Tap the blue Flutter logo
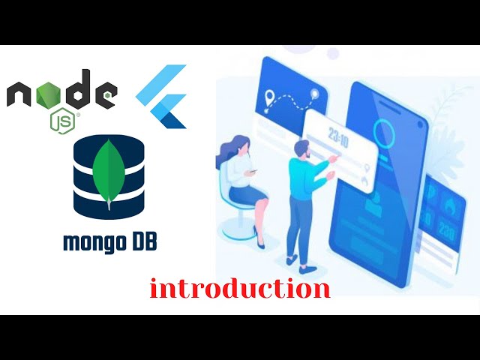click(x=163, y=97)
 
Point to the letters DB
click(x=142, y=242)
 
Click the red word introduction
click(x=240, y=289)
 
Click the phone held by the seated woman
click(x=253, y=171)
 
